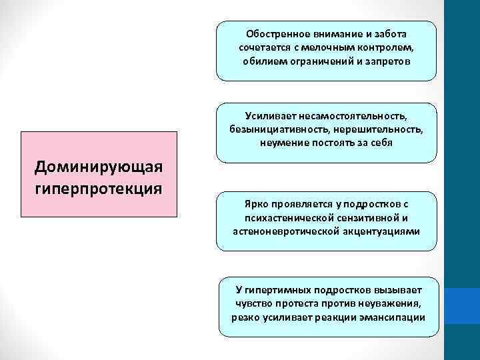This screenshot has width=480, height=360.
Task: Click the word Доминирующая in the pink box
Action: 99,166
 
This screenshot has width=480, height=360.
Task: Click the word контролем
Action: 387,47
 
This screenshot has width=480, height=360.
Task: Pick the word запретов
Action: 389,61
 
